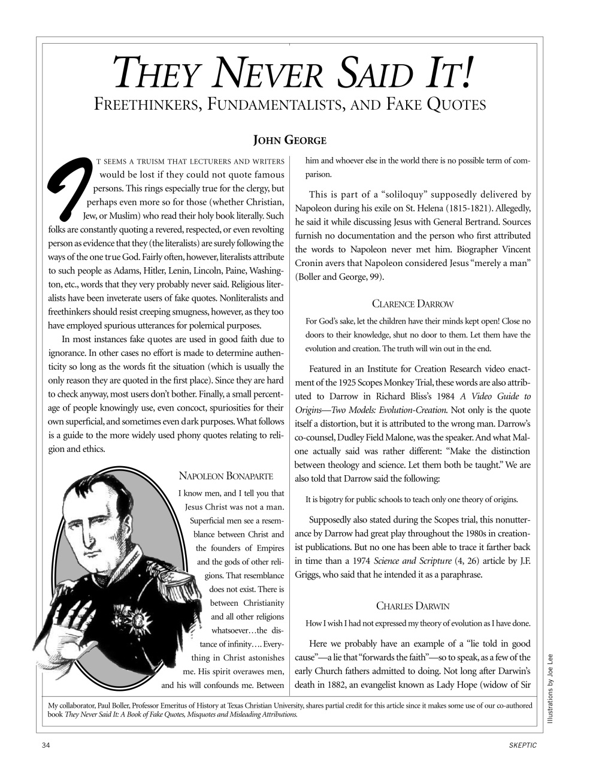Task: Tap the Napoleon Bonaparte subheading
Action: pyautogui.click(x=226, y=476)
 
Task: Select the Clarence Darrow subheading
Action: pyautogui.click(x=413, y=304)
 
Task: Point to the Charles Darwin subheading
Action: pyautogui.click(x=413, y=606)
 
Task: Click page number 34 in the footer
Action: pyautogui.click(x=46, y=745)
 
